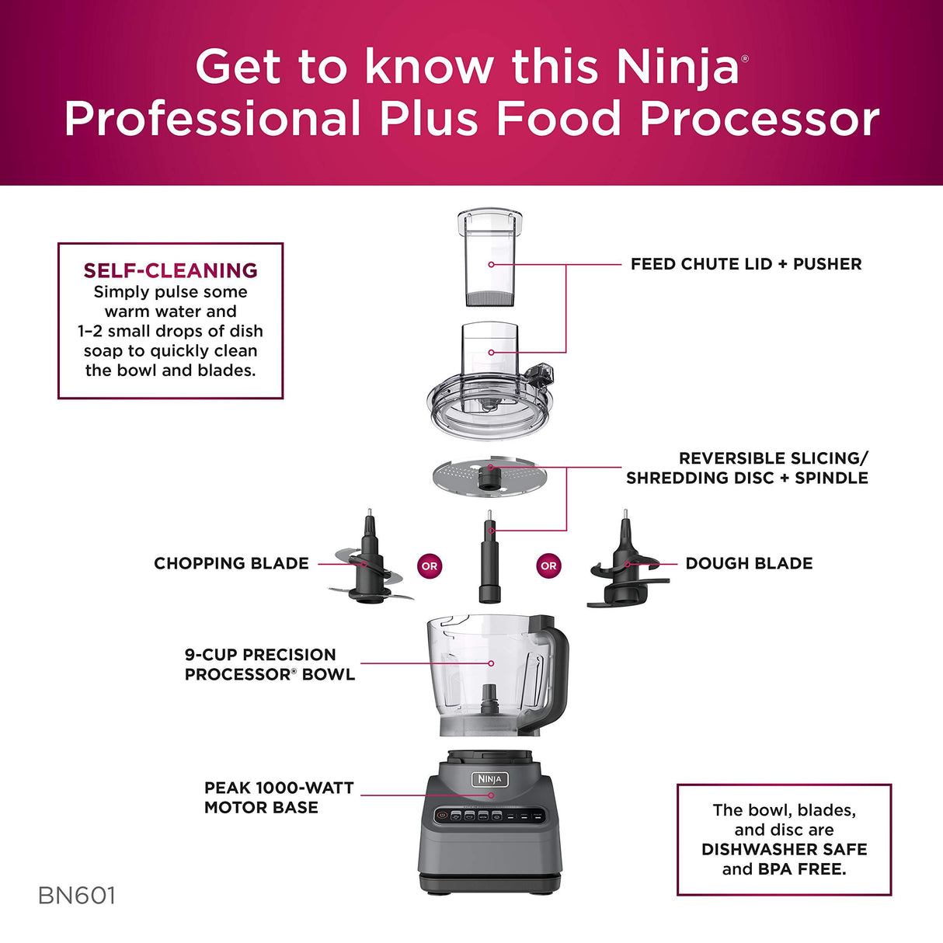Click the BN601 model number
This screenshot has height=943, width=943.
pos(76,896)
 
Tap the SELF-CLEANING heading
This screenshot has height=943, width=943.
pos(170,270)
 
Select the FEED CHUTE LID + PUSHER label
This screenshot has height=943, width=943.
pos(746,264)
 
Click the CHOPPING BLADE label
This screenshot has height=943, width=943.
pos(231,563)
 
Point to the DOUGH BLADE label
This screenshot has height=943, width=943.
pos(749,563)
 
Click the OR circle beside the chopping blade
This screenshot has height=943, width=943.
pos(430,566)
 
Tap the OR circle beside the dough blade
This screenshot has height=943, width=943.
pos(548,566)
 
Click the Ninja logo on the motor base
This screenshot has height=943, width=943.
pos(490,778)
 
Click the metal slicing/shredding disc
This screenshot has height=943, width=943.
pos(489,475)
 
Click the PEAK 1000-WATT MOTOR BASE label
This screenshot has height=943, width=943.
pos(268,798)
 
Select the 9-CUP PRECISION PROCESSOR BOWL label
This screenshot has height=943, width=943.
pos(269,664)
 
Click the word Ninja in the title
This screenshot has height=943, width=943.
pos(677,68)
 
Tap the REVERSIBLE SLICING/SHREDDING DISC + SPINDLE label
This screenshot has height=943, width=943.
pos(747,468)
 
